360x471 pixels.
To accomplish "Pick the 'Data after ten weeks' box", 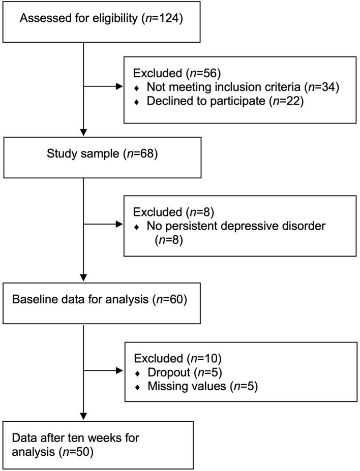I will tap(98, 445).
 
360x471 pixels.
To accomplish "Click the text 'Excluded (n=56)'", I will tap(165, 73).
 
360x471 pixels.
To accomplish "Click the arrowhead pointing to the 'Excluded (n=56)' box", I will tap(119, 86).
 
